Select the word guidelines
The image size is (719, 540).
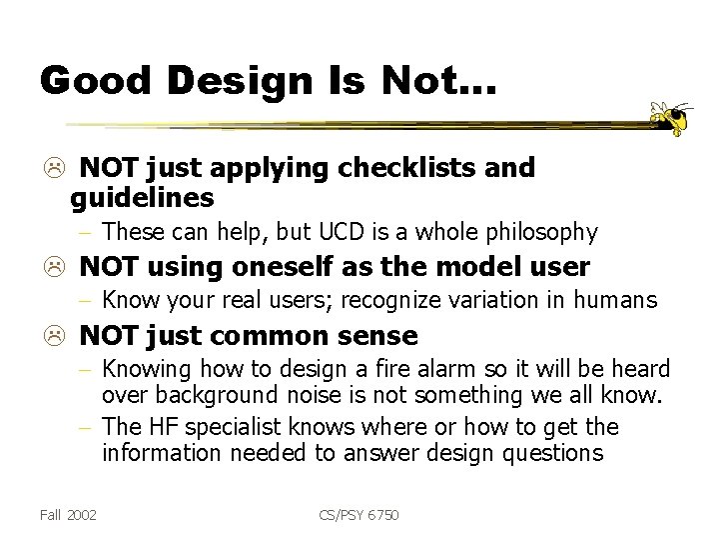[x=142, y=198]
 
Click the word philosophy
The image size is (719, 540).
[x=544, y=233]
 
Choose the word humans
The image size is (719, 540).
[x=621, y=301]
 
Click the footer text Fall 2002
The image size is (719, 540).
[x=69, y=515]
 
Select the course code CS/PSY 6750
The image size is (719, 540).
[x=360, y=515]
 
